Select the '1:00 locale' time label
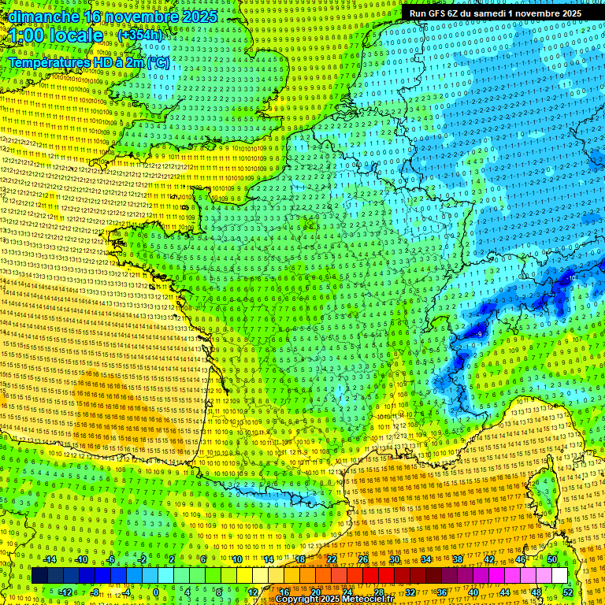57,35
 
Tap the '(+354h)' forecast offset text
140,35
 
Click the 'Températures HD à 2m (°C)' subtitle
88,62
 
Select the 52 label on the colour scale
567,592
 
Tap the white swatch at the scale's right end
559,576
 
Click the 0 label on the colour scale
156,592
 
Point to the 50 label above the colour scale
551,559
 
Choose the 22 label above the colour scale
332,559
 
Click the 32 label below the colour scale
410,592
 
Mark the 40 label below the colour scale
473,592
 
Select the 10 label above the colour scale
236,559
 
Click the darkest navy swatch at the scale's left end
39,576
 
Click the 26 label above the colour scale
363,559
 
